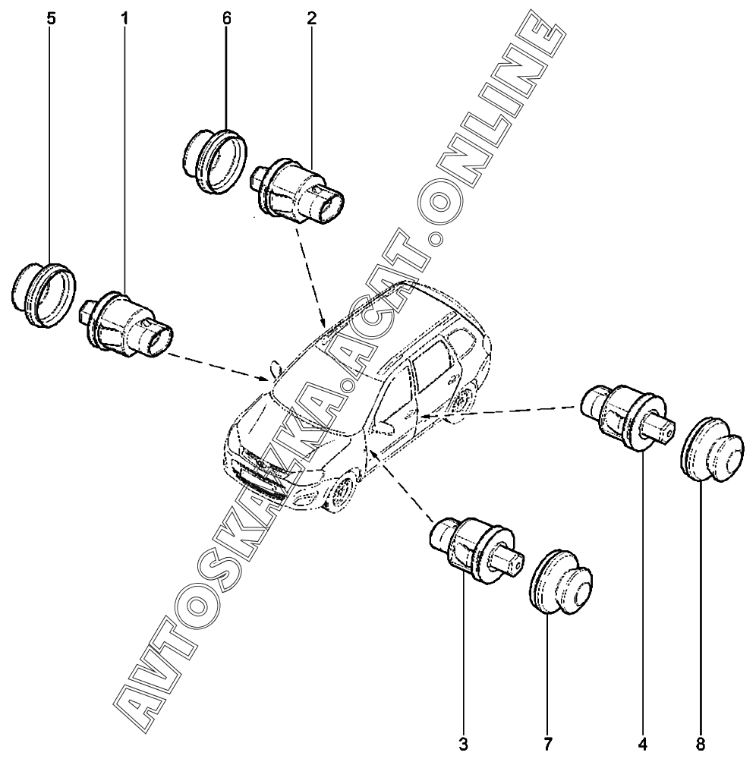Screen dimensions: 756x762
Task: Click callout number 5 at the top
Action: click(51, 19)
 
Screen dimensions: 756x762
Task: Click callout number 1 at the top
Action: click(124, 19)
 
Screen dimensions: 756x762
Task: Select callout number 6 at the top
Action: click(226, 19)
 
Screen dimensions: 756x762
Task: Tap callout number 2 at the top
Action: click(311, 19)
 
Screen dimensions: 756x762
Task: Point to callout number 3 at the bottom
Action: click(463, 744)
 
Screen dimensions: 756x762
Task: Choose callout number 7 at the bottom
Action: click(547, 744)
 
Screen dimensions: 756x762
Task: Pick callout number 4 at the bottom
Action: click(643, 744)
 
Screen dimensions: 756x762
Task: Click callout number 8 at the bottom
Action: click(700, 744)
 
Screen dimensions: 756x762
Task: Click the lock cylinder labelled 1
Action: click(125, 325)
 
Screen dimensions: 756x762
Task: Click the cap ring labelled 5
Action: click(43, 294)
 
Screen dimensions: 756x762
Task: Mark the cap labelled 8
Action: click(711, 449)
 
